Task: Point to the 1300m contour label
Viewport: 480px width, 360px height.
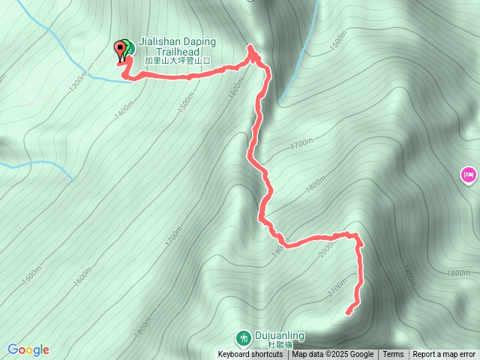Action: pyautogui.click(x=76, y=82)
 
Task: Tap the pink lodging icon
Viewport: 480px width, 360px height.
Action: pyautogui.click(x=468, y=175)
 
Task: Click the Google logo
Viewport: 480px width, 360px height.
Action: pyautogui.click(x=28, y=349)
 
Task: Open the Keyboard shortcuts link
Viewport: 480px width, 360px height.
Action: pyautogui.click(x=250, y=355)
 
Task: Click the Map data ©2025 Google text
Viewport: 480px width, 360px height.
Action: pyautogui.click(x=332, y=355)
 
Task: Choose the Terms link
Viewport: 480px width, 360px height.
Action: pyautogui.click(x=393, y=355)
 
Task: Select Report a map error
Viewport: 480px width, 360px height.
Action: pyautogui.click(x=444, y=355)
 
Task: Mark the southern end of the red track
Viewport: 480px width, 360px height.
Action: pyautogui.click(x=348, y=311)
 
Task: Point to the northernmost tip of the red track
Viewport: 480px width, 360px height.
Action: pyautogui.click(x=250, y=46)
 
